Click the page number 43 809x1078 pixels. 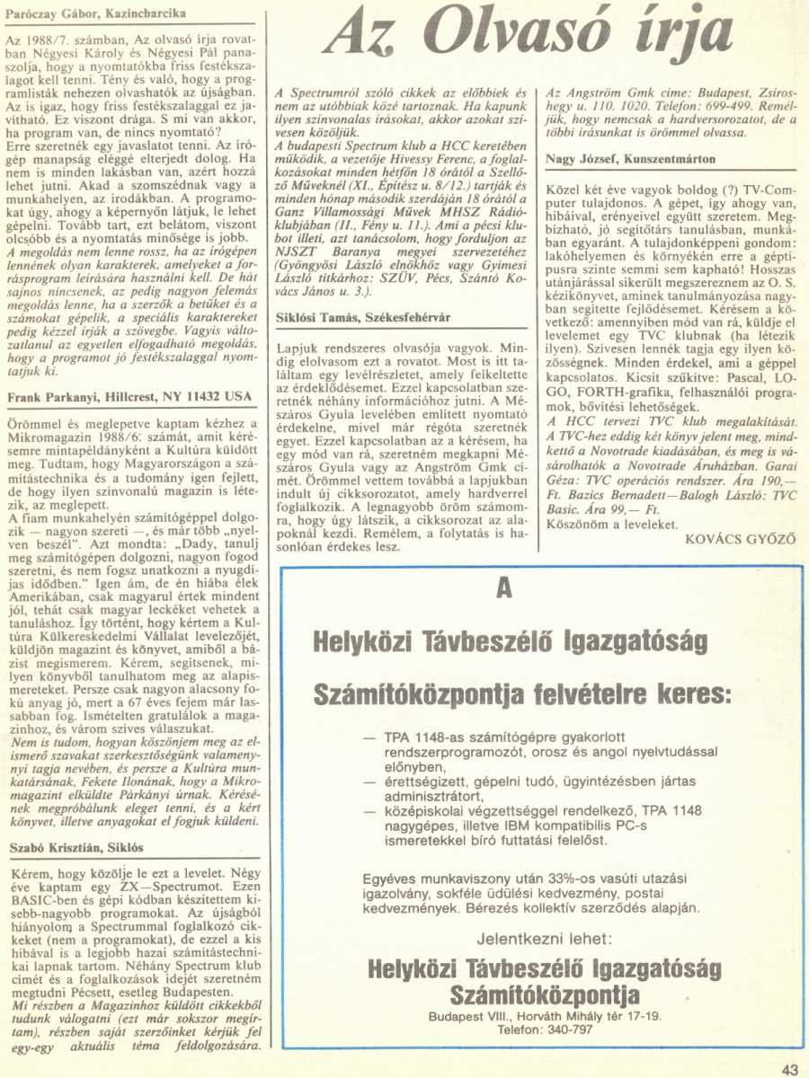(790, 1068)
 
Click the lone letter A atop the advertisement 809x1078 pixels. (503, 589)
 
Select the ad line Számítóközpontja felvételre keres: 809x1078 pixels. (521, 694)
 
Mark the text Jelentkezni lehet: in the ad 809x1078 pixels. (545, 940)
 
